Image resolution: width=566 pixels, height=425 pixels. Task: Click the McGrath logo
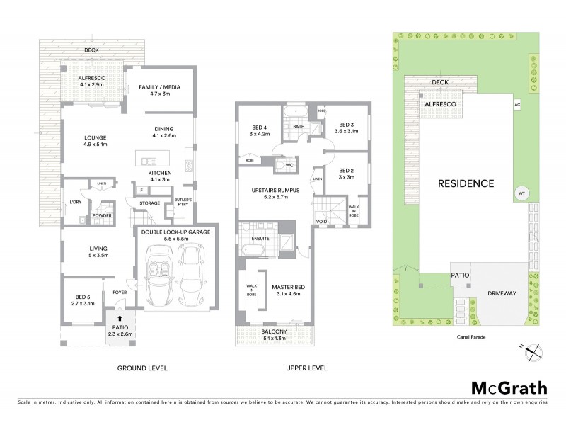(x=508, y=387)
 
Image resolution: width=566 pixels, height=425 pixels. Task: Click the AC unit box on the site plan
(x=516, y=104)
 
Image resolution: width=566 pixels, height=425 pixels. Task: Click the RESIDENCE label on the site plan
(x=465, y=183)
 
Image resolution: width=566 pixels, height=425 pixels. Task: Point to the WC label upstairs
(x=290, y=166)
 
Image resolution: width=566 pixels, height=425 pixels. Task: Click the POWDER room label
(x=100, y=216)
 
